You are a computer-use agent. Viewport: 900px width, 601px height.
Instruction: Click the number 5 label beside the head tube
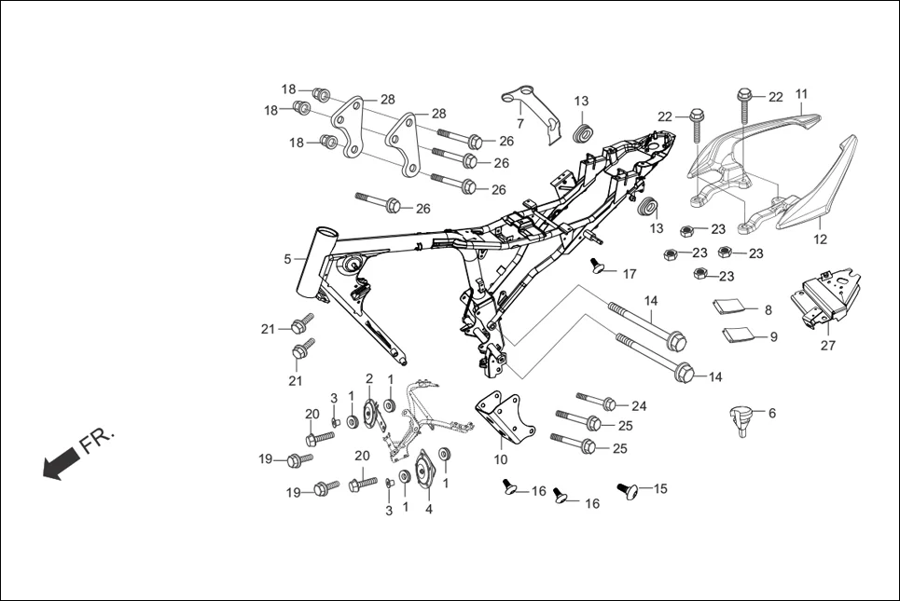click(288, 259)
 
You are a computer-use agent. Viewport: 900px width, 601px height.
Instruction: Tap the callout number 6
click(770, 412)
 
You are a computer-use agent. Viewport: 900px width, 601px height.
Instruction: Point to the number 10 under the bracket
click(500, 459)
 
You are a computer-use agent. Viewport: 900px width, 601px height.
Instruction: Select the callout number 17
click(630, 274)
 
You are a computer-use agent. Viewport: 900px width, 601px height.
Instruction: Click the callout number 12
click(820, 239)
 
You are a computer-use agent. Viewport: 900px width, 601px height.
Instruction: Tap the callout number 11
click(801, 94)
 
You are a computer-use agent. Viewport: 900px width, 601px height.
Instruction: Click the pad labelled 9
click(737, 334)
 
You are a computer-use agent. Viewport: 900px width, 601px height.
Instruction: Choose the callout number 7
click(519, 124)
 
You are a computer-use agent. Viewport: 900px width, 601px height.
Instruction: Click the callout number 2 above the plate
click(369, 377)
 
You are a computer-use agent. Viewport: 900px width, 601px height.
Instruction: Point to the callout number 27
click(827, 345)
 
